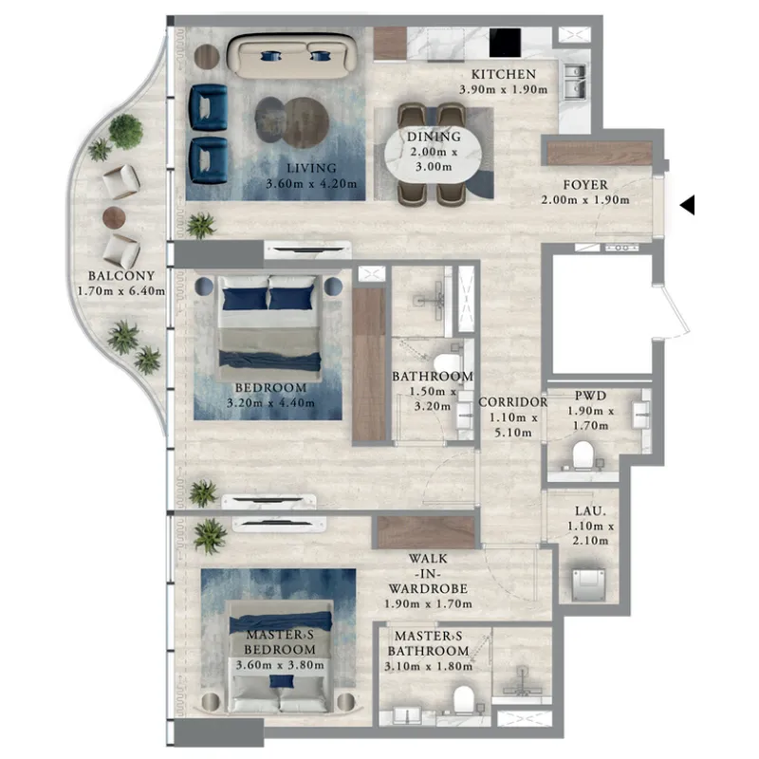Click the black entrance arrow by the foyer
[689, 205]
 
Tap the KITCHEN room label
[504, 74]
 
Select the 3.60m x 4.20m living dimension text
[311, 184]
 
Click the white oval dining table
[434, 152]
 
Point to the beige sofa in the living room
[292, 56]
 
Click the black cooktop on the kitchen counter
[505, 43]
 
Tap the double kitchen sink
[575, 82]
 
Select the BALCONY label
[121, 276]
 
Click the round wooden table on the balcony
[114, 217]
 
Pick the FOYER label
[585, 185]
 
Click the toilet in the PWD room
[583, 455]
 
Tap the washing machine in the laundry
[588, 584]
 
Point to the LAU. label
[590, 511]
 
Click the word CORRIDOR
[513, 402]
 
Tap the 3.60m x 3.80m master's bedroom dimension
[280, 665]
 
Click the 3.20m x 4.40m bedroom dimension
[270, 402]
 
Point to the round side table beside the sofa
[207, 57]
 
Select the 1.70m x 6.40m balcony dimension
[121, 291]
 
